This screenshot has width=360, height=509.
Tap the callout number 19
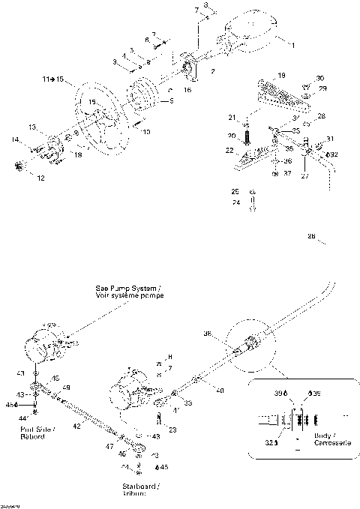(x=280, y=76)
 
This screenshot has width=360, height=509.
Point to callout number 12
(x=40, y=178)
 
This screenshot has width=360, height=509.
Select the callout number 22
(x=230, y=151)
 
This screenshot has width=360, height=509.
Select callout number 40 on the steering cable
(x=220, y=391)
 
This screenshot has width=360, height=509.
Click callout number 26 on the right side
(x=310, y=237)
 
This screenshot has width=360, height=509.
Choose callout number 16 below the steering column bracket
(x=187, y=89)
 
